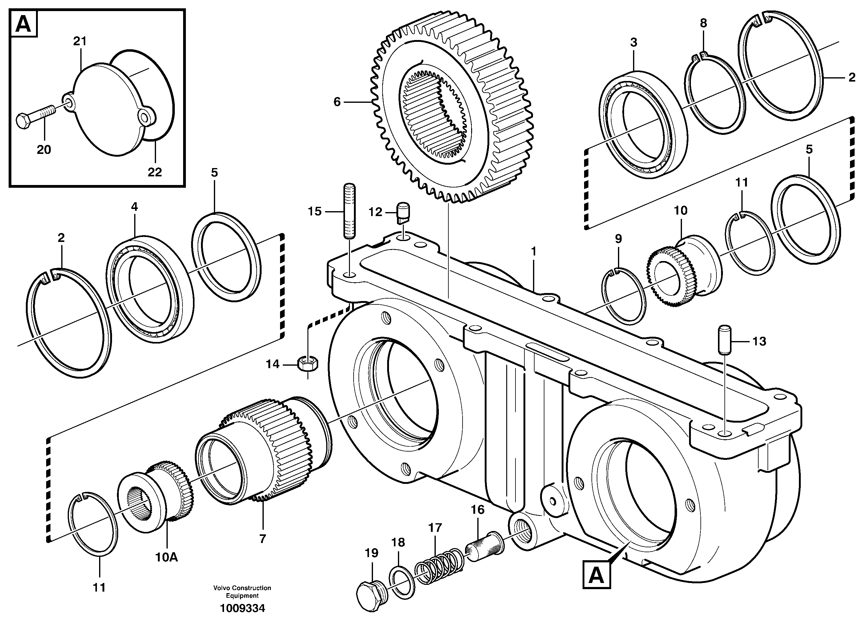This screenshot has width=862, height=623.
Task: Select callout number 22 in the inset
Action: pos(155,172)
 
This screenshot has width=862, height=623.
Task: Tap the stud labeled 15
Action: pos(350,211)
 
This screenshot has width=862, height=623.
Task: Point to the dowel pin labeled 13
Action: pos(724,339)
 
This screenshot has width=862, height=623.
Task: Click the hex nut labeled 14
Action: pos(308,364)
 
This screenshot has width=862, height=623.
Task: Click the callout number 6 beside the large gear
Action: pos(337,102)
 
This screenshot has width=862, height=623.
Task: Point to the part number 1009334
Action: pos(243,608)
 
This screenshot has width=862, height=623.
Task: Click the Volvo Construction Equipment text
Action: pos(243,592)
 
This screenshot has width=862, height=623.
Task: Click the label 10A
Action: pos(166,557)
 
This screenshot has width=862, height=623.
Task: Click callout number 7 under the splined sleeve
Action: pos(262,539)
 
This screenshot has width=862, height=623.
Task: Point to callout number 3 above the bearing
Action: pos(633,42)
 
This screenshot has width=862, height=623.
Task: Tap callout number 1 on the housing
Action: pos(534,252)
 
